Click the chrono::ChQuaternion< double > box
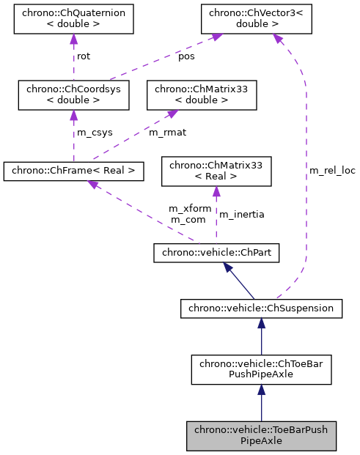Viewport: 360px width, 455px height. click(73, 19)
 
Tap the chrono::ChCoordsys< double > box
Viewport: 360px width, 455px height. click(73, 95)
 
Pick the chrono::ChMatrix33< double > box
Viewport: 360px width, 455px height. click(202, 95)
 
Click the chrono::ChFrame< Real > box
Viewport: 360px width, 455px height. click(73, 171)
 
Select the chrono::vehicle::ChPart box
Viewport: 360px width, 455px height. click(216, 254)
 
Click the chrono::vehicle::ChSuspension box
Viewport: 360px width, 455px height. click(261, 308)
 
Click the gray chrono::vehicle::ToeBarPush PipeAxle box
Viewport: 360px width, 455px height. click(261, 436)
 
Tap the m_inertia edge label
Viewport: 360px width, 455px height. click(242, 214)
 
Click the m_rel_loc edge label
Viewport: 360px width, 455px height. click(331, 170)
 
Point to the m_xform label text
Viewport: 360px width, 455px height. click(190, 208)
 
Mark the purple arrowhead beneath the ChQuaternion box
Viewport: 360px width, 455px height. click(73, 40)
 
